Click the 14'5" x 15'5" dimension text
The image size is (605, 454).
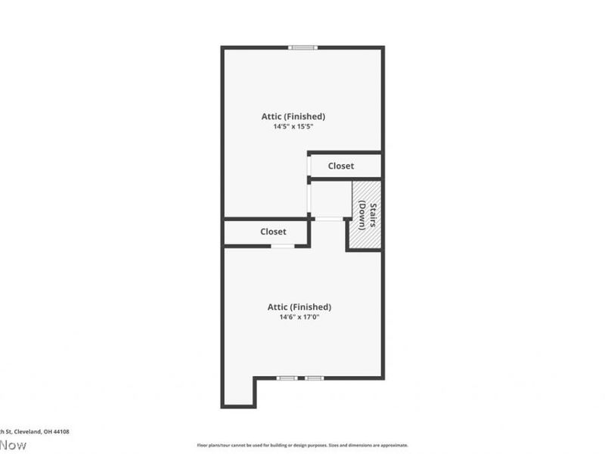coord(293,127)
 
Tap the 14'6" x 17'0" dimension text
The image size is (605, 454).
coord(299,317)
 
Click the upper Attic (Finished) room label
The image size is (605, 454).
coord(293,117)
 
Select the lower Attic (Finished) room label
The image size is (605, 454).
coord(299,306)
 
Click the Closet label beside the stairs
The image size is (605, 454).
coord(340,166)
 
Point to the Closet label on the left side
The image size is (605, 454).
coord(273,232)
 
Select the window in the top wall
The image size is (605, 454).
coord(302,48)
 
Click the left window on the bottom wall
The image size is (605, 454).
coord(287,378)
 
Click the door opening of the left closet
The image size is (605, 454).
coord(283,246)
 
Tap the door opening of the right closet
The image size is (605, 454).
coord(309,166)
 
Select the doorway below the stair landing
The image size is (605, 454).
coord(327,219)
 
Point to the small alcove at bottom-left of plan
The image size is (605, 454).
coord(239,392)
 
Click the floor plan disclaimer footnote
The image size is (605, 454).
coord(302,445)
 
